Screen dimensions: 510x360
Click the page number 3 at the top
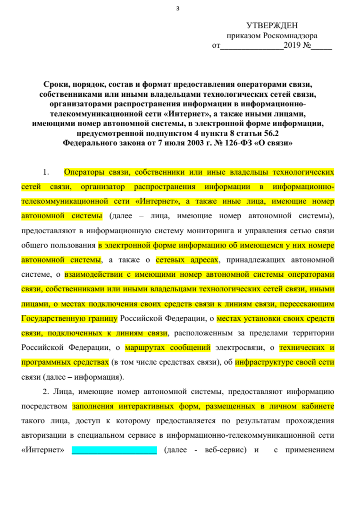178,8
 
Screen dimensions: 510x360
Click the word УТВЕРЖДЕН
272,25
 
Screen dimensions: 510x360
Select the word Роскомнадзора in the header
291,36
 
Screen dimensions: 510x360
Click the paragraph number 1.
46,171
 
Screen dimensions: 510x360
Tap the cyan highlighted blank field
114,450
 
